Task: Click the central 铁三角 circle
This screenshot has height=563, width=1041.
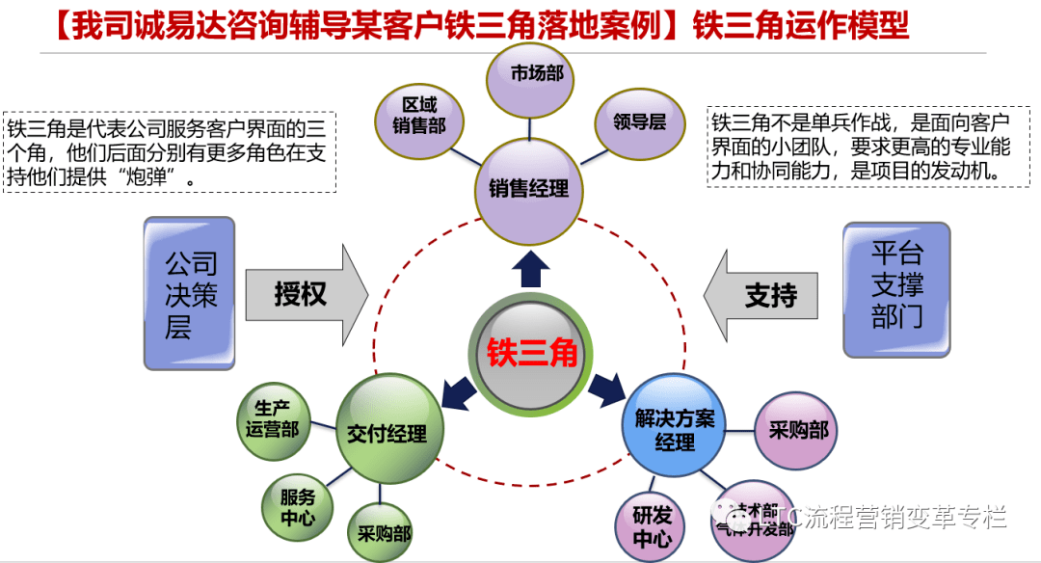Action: [x=532, y=354]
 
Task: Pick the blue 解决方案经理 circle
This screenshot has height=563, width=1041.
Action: [x=674, y=430]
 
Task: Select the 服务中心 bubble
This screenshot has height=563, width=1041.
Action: [x=299, y=507]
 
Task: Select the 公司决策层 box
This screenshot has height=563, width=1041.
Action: [x=190, y=293]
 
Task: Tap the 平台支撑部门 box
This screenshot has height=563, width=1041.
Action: [x=896, y=290]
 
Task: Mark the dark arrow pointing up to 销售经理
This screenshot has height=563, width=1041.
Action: [x=529, y=269]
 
